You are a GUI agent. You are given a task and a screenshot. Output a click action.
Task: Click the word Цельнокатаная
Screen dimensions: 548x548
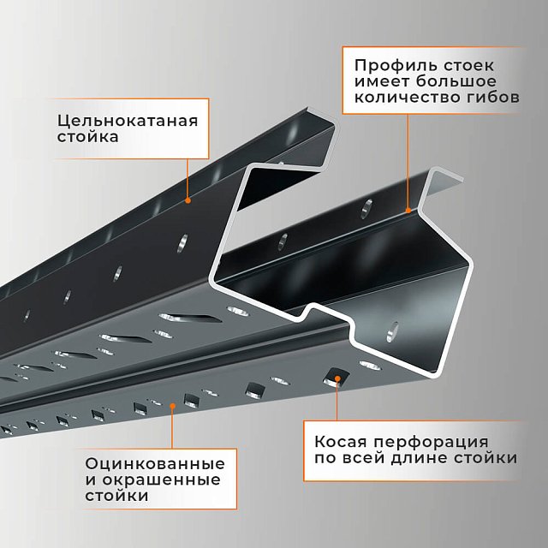pyautogui.click(x=128, y=122)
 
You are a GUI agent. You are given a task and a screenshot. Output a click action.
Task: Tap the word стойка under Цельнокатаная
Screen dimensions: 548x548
pyautogui.click(x=87, y=137)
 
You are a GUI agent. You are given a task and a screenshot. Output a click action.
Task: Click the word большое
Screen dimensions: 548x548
pyautogui.click(x=456, y=81)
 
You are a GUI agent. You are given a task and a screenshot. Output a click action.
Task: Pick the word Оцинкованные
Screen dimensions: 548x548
pyautogui.click(x=155, y=464)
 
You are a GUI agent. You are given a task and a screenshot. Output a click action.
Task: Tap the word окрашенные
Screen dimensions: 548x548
pyautogui.click(x=162, y=479)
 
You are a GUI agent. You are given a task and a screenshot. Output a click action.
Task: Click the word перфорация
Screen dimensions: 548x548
pyautogui.click(x=431, y=443)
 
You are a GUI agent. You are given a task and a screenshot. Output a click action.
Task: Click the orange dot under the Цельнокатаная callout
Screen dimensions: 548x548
pyautogui.click(x=188, y=200)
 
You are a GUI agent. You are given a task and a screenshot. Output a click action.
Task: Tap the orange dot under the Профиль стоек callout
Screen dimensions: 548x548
pyautogui.click(x=408, y=211)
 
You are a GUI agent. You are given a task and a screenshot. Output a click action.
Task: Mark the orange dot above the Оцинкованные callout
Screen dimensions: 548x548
pyautogui.click(x=172, y=405)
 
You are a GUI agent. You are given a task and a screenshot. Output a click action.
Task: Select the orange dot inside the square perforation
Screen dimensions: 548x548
pyautogui.click(x=337, y=378)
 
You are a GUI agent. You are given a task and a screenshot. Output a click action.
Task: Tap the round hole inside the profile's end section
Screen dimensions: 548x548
pyautogui.click(x=392, y=331)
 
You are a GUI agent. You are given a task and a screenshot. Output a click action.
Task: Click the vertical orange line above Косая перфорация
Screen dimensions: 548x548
pyautogui.click(x=337, y=401)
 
